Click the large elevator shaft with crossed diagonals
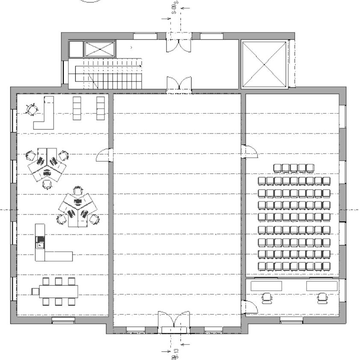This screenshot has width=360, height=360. [264, 64]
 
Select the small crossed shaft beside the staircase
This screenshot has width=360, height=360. [100, 49]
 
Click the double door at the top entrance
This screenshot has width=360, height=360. [179, 43]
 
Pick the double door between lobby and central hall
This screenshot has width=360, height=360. [179, 84]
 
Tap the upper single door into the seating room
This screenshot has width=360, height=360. [249, 151]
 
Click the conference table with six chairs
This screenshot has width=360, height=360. [59, 291]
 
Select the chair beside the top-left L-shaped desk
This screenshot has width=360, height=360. [32, 109]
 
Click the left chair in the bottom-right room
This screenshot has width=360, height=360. [267, 298]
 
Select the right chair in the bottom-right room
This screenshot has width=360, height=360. [323, 298]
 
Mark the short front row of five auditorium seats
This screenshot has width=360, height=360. [294, 168]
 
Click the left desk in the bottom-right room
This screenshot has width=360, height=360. [266, 285]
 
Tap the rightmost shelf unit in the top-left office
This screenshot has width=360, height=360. [100, 108]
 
